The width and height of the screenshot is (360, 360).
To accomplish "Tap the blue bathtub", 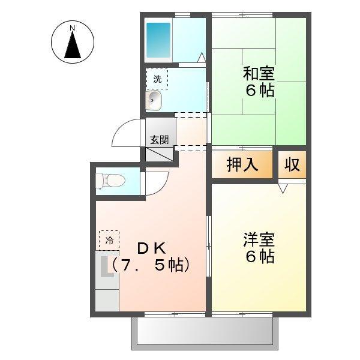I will tap(159, 39).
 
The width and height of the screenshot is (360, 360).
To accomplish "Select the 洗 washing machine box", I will tap(157, 79).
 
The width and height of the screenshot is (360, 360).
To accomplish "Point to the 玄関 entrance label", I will tap(159, 139).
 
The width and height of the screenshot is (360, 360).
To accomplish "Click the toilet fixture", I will tap(112, 179).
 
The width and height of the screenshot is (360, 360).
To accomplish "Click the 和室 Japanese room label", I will tap(259, 75).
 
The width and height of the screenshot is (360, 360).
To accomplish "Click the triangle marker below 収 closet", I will tap(283, 187).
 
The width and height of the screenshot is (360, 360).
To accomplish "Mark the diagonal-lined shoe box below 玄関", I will tap(160, 154).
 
